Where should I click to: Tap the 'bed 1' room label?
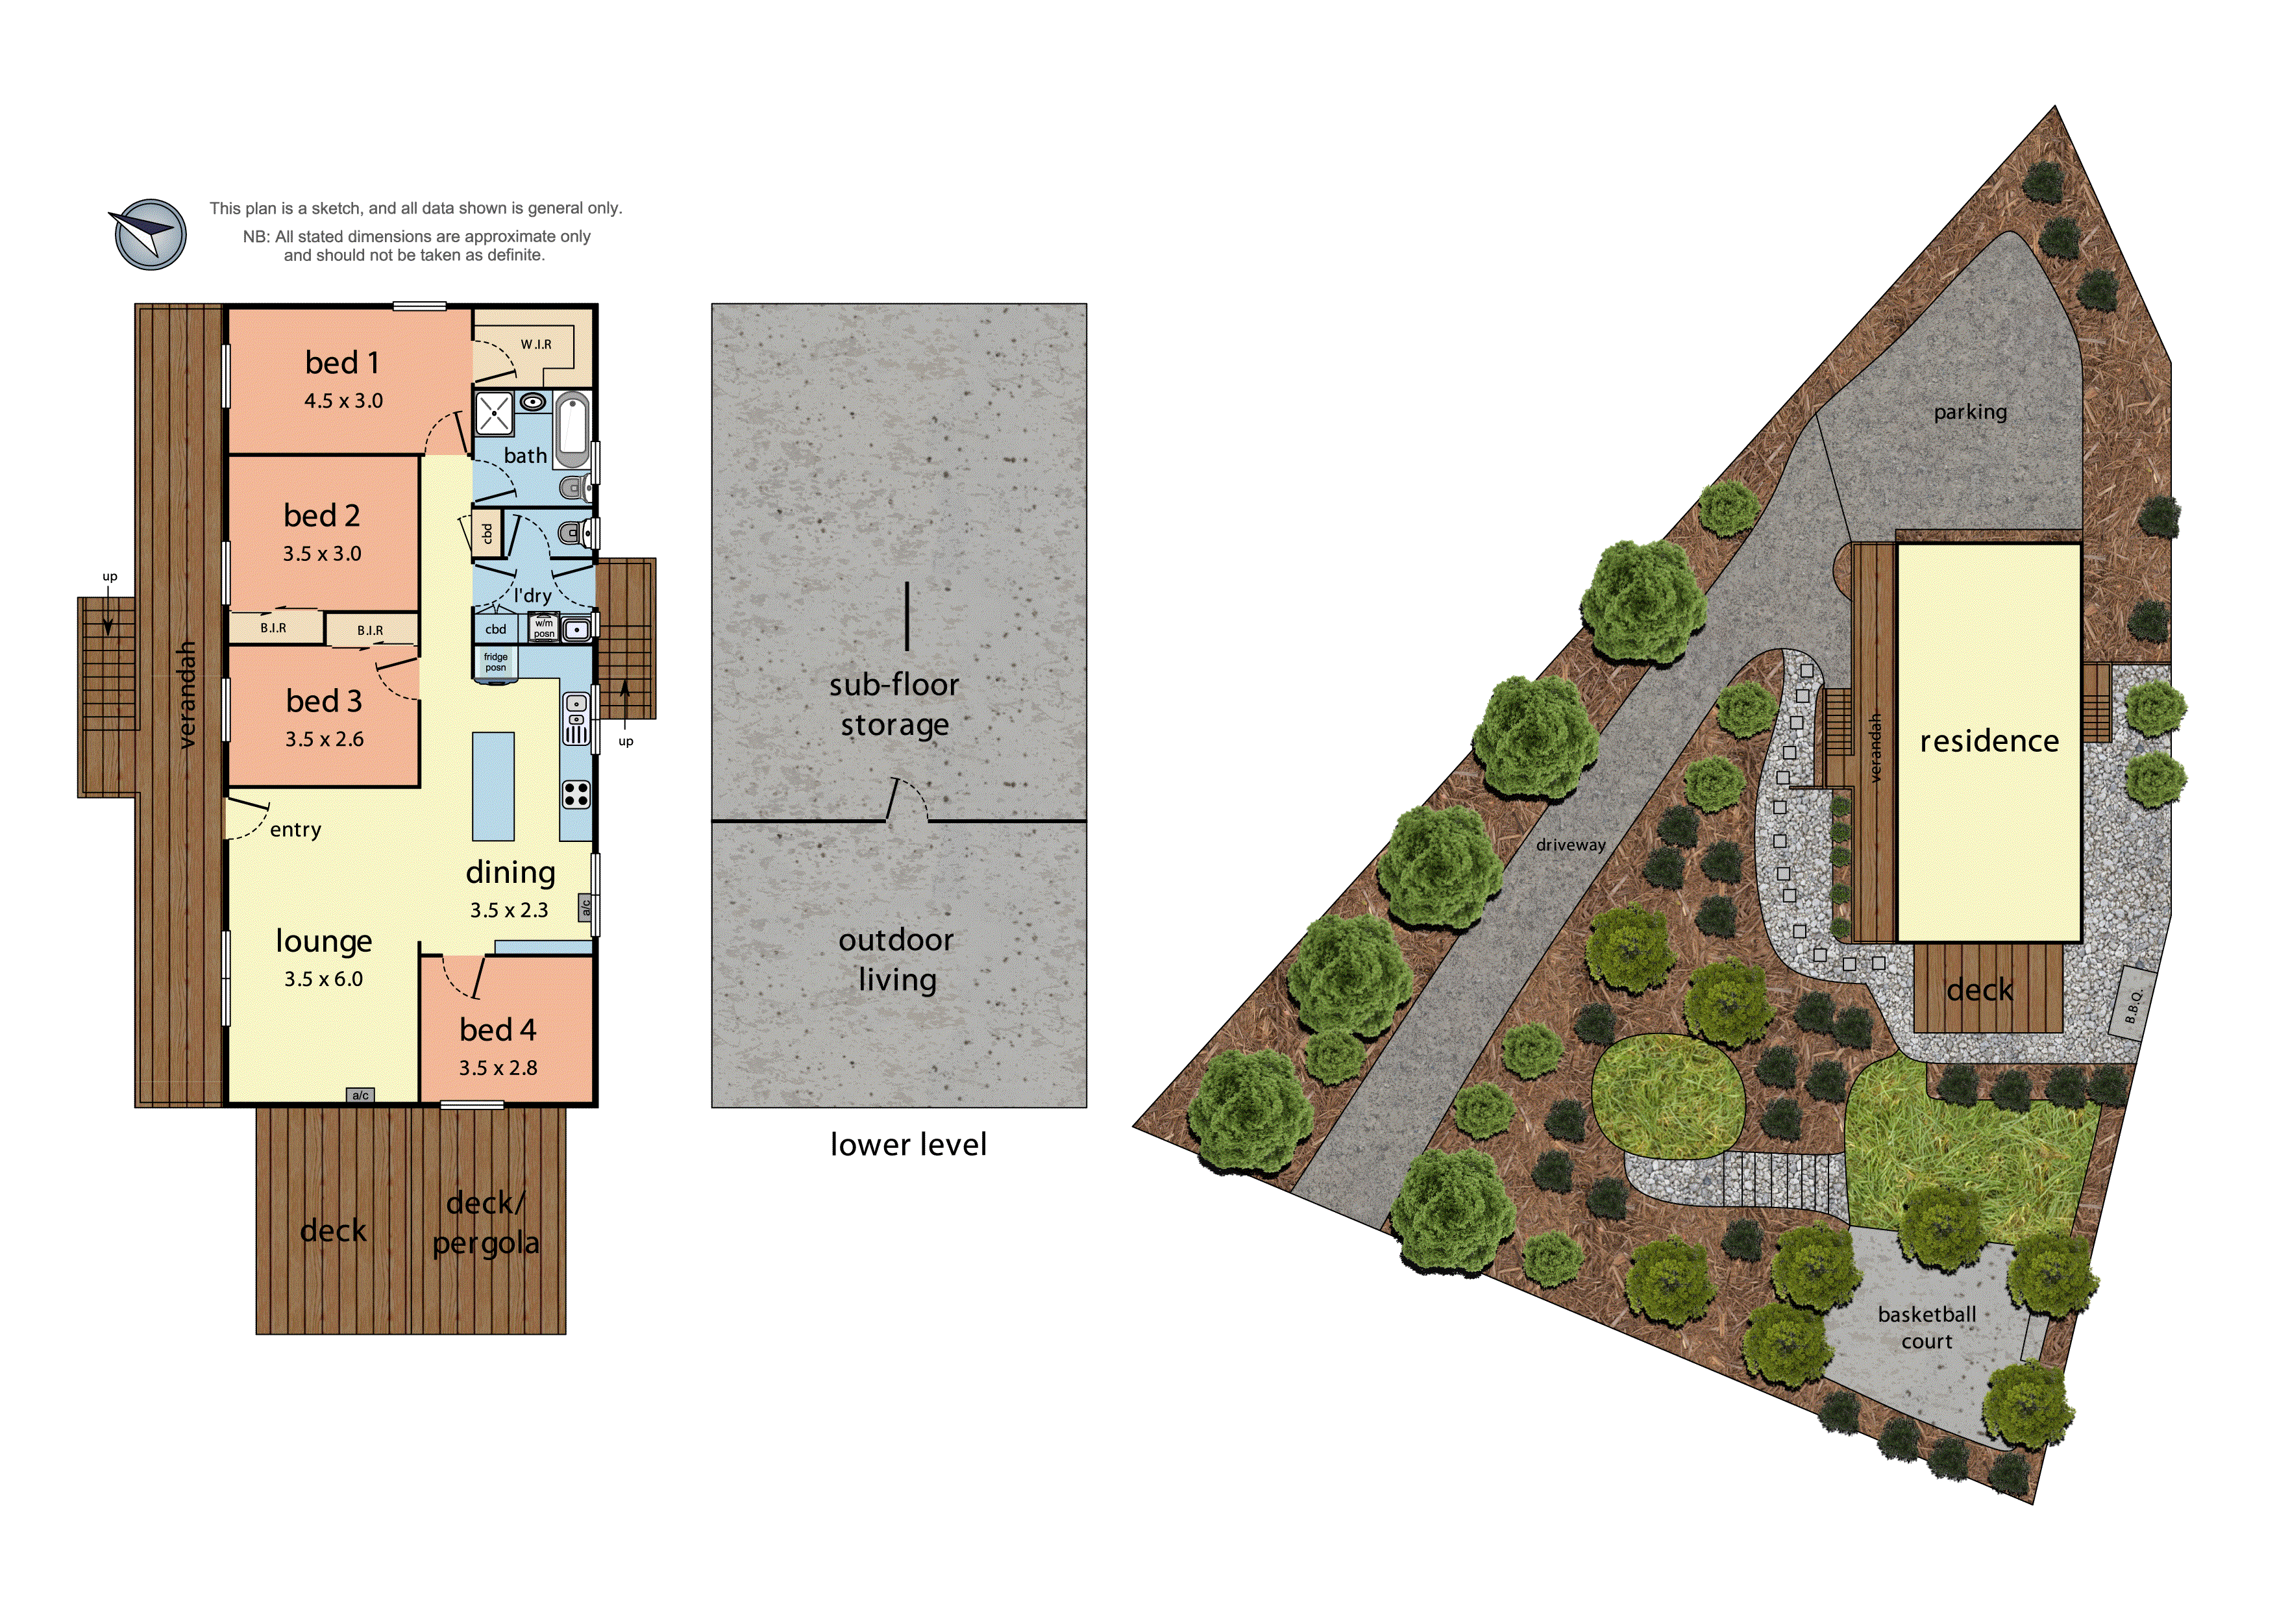click(x=342, y=363)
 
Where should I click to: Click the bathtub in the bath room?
click(x=572, y=430)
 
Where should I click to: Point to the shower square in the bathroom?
click(x=494, y=414)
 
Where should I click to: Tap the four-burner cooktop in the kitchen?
click(x=576, y=793)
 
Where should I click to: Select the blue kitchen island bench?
click(x=493, y=786)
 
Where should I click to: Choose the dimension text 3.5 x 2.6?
click(x=325, y=739)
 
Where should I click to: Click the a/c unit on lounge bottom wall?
click(x=360, y=1095)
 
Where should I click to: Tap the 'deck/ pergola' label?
click(x=486, y=1222)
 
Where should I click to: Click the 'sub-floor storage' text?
click(x=894, y=704)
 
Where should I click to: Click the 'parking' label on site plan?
click(x=1969, y=412)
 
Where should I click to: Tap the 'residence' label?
click(x=1988, y=741)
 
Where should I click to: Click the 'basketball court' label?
click(x=1926, y=1328)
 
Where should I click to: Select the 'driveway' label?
click(x=1570, y=845)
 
